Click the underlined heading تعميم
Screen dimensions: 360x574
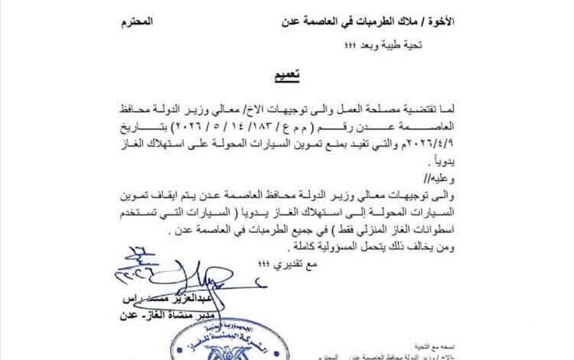(x=285, y=77)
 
